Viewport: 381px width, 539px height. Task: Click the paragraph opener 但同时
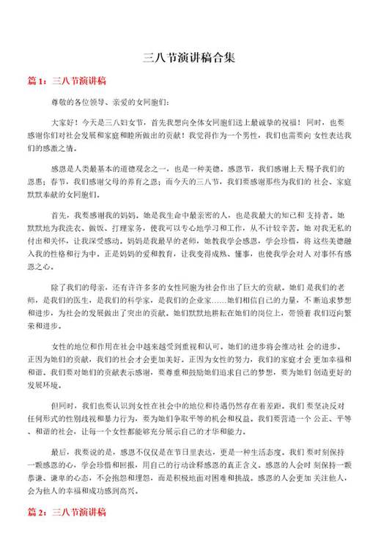(62, 403)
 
